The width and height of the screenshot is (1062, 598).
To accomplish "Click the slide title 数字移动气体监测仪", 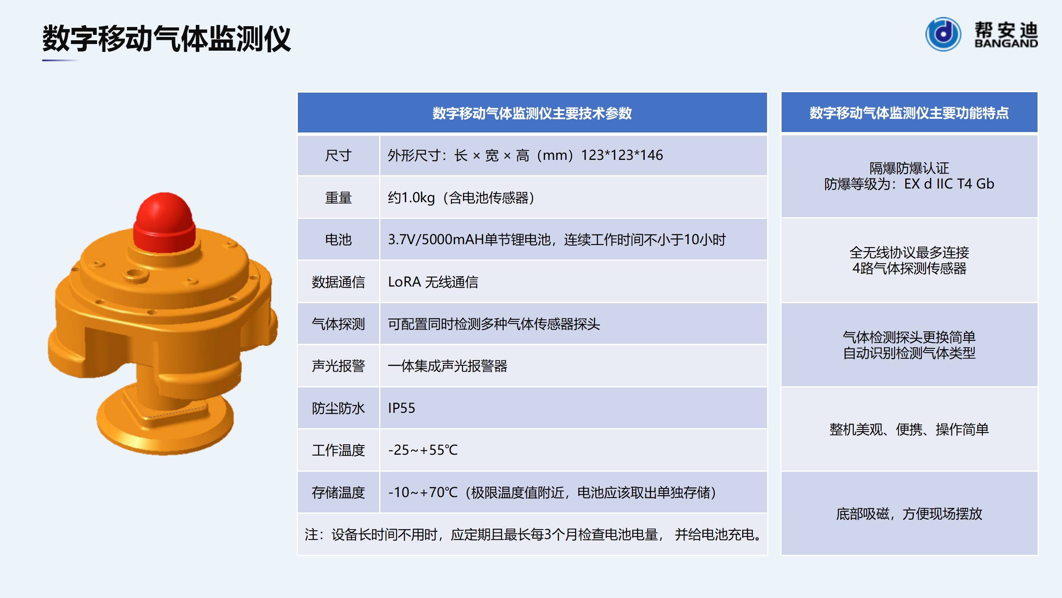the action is (166, 38).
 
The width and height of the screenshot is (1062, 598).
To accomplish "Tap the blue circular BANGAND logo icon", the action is (943, 34).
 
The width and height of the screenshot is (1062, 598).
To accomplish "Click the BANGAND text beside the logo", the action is (1006, 43).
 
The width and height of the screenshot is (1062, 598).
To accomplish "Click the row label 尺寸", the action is (338, 155).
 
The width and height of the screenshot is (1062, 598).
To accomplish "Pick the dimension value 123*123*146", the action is (621, 155).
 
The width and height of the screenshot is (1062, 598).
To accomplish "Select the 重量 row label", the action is (338, 198).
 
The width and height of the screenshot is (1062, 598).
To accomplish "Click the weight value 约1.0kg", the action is (411, 198).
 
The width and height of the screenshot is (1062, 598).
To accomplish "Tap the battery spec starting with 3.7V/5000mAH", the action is (557, 240).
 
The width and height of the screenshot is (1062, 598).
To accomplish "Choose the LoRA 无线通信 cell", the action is (433, 282).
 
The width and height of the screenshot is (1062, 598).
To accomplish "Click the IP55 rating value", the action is (401, 408).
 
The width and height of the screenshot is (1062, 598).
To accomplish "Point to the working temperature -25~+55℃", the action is (423, 450).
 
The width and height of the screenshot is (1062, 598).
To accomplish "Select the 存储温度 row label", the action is (338, 492).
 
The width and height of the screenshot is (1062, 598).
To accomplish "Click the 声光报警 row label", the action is (338, 366).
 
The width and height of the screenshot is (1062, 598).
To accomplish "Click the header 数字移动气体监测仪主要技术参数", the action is (532, 113).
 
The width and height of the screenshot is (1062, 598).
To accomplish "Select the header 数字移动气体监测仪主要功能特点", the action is (909, 113).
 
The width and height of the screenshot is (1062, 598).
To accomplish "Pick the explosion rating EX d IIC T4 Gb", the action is (949, 184).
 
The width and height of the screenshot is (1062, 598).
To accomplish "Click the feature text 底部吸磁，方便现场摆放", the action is (909, 514).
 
